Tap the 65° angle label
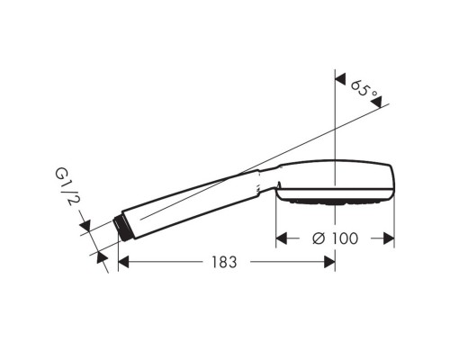(361, 90)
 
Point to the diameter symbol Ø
(316, 238)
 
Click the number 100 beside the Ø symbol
(345, 238)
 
